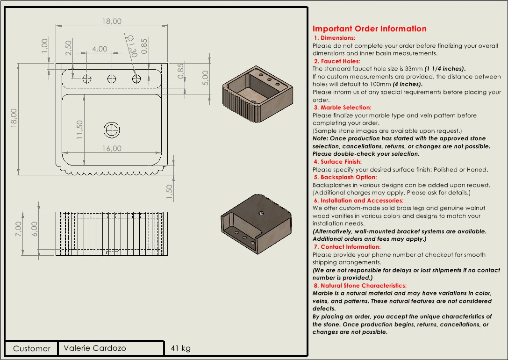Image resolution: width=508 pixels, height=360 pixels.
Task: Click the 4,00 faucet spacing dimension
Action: coord(100,49)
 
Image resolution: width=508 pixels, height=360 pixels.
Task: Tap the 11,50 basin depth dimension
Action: coord(79,130)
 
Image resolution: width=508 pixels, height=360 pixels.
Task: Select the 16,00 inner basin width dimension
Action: coord(111,148)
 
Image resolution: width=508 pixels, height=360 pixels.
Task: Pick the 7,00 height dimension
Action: coord(19,229)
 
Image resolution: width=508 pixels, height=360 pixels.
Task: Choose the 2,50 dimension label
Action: coord(68,46)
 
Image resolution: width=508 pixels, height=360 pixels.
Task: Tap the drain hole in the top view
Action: coord(112,130)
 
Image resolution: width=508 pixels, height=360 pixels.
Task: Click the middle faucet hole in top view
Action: coord(112,79)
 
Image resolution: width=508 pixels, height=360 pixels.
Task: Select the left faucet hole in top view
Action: coord(87,79)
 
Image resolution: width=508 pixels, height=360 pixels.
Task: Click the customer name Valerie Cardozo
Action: coord(94,348)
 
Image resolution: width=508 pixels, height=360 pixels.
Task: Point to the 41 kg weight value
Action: coord(181,348)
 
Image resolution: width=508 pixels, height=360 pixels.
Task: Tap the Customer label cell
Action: coord(31,348)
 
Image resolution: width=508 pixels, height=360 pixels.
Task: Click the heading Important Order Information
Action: coord(369,29)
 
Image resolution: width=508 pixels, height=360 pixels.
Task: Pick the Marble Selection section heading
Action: coord(343,108)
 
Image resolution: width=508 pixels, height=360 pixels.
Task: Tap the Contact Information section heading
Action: coord(347,247)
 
